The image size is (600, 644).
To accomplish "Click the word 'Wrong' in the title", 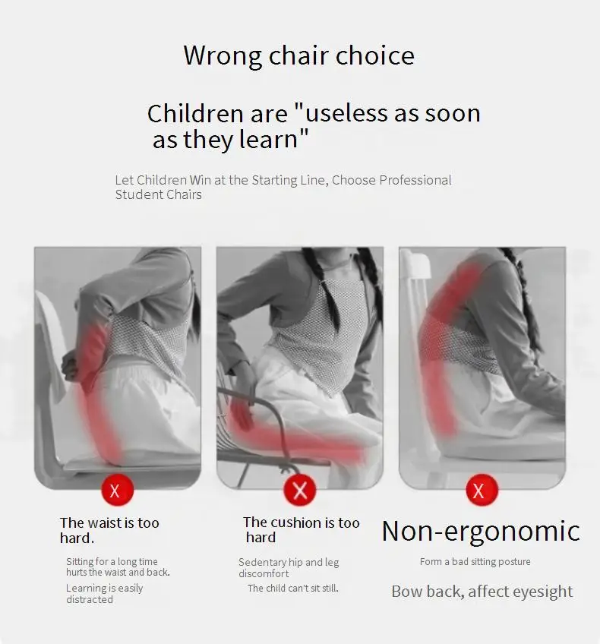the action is click(x=223, y=56).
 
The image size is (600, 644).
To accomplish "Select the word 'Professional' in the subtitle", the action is click(x=415, y=180).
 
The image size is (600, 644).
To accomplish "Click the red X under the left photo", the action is click(x=118, y=491).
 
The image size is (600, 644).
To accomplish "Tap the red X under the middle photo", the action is click(x=300, y=490).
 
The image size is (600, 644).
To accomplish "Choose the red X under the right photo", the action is click(x=482, y=490).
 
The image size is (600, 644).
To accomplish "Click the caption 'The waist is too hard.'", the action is click(x=109, y=530).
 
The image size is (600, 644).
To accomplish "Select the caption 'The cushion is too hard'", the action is click(x=301, y=529).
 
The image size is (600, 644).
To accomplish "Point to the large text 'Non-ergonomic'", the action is click(x=481, y=531).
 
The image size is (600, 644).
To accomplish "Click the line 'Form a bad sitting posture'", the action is click(x=475, y=561).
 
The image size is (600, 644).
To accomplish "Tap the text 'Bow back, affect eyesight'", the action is click(x=482, y=592).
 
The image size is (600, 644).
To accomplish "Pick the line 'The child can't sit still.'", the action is click(x=293, y=588).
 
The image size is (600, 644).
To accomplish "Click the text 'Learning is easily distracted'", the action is click(x=104, y=593).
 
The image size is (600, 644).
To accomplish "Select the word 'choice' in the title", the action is click(x=375, y=56).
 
